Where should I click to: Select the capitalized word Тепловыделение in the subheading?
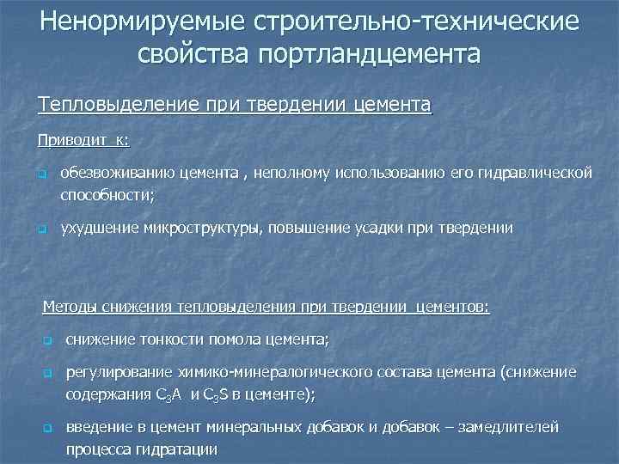[x=114, y=105]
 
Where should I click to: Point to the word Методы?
[x=67, y=307]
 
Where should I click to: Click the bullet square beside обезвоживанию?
[x=40, y=175]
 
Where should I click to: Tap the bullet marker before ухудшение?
[x=40, y=229]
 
